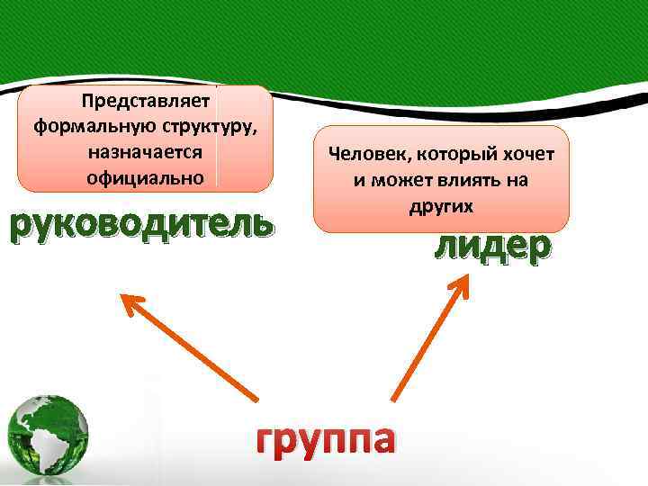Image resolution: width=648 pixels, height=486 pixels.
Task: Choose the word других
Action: point(441,205)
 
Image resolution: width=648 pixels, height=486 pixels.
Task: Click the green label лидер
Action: point(490,247)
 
